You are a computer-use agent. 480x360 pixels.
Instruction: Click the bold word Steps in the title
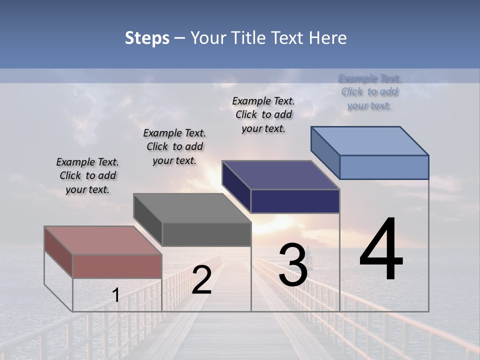(x=147, y=38)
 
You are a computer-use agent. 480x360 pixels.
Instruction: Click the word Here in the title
(x=329, y=38)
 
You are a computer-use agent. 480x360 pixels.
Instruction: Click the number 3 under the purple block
(x=293, y=264)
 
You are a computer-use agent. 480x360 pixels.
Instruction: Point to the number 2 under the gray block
(x=201, y=280)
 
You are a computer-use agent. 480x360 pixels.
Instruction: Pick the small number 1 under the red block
(x=115, y=295)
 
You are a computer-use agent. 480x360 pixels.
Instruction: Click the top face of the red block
(x=102, y=240)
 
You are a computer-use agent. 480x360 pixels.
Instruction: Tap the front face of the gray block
(x=206, y=234)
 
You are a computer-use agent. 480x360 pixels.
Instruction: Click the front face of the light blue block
(x=384, y=167)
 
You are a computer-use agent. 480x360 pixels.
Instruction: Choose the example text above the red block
(x=87, y=175)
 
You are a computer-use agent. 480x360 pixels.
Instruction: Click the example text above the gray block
(x=174, y=146)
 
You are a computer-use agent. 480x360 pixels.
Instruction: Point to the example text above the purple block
(x=263, y=114)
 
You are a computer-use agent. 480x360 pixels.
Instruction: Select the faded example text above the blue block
(x=369, y=92)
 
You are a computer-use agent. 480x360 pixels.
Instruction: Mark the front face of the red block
(x=117, y=266)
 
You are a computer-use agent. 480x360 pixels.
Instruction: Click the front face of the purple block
(x=295, y=201)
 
